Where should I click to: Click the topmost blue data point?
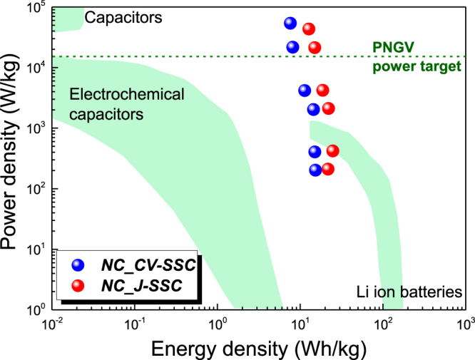[x=290, y=24]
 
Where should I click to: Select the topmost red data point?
[x=309, y=29]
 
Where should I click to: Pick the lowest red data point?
[x=328, y=169]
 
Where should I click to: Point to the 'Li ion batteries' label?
[x=409, y=292]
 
